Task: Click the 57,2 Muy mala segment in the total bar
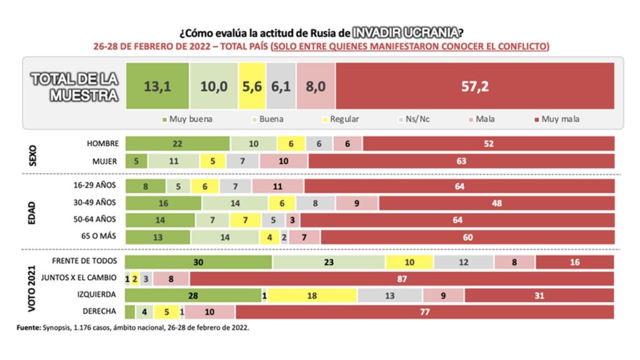(475, 86)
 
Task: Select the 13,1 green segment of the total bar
(157, 86)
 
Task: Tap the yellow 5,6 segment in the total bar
(252, 86)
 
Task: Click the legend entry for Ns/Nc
(414, 119)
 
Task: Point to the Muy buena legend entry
(187, 119)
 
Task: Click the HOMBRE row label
(102, 144)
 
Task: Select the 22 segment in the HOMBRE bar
(177, 144)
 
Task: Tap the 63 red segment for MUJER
(461, 161)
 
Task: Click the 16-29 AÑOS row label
(95, 185)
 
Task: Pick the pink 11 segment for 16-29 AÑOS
(277, 186)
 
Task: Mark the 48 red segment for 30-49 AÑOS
(496, 203)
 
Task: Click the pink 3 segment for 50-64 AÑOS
(292, 221)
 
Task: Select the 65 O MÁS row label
(98, 236)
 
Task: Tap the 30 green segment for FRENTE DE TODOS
(198, 262)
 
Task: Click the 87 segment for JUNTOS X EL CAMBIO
(402, 279)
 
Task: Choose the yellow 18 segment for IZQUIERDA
(312, 296)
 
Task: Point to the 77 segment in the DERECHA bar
(424, 312)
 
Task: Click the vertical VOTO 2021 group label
(31, 289)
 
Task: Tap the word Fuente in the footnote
(29, 327)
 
